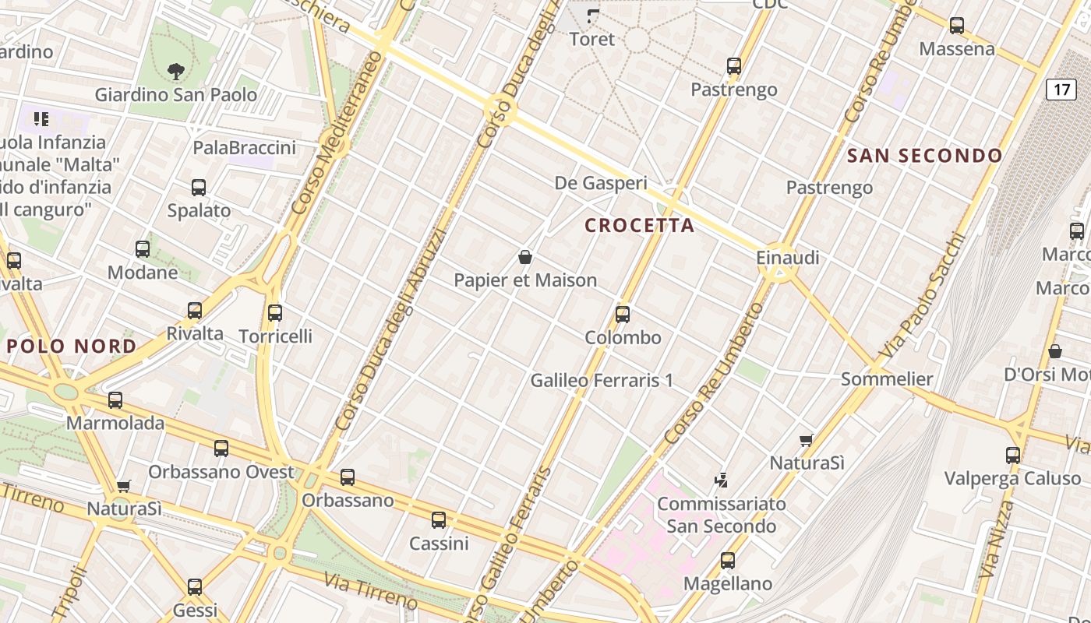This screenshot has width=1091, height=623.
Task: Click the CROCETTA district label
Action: [x=639, y=226]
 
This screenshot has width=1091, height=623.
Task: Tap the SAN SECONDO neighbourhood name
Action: [x=924, y=156]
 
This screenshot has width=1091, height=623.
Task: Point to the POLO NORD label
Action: [x=72, y=347]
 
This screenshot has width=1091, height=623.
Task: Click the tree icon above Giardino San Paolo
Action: [x=176, y=72]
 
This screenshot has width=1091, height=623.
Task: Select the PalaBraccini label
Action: [x=244, y=148]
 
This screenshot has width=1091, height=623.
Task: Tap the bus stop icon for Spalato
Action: [x=199, y=188]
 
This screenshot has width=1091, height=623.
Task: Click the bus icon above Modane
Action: [x=143, y=249]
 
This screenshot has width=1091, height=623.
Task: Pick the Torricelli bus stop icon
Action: [x=275, y=313]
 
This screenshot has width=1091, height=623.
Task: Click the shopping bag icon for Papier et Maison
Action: [x=525, y=257]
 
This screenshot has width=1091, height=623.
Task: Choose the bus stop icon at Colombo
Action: [x=623, y=315]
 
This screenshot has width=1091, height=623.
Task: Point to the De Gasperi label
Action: [x=601, y=183]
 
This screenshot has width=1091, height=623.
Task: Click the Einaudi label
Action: [x=787, y=257]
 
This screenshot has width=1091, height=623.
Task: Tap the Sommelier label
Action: [x=887, y=379]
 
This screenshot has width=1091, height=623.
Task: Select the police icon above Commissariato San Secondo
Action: [x=722, y=480]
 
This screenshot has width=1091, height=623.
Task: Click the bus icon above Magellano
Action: [x=728, y=561]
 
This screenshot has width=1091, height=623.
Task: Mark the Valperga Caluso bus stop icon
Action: [x=1013, y=456]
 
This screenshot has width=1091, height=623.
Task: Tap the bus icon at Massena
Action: [x=957, y=26]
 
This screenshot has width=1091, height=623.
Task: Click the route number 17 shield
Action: [x=1061, y=90]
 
